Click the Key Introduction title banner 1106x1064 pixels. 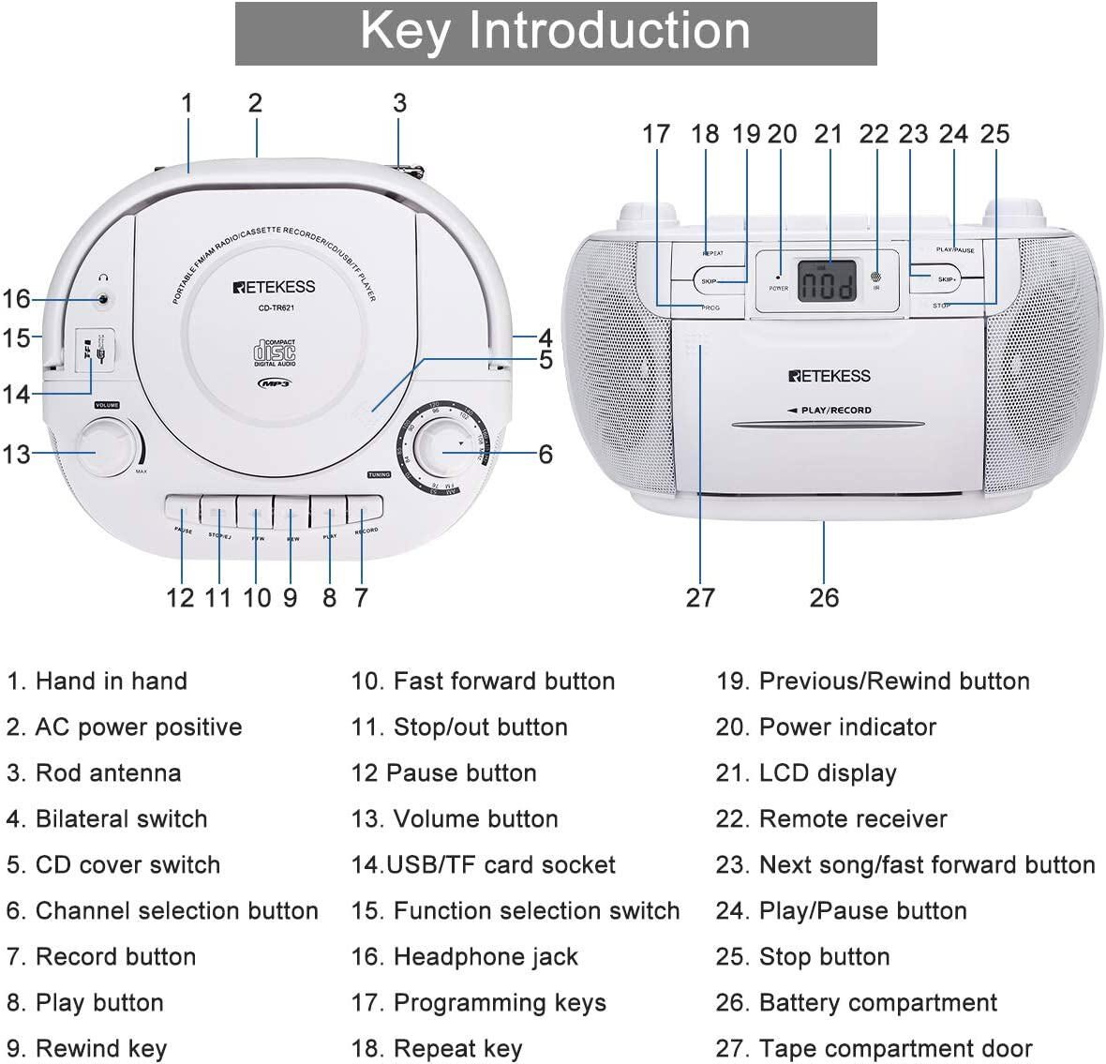coord(555,33)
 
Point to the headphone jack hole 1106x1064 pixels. coord(103,300)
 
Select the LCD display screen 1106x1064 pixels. coord(827,280)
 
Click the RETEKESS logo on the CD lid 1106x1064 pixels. coord(274,287)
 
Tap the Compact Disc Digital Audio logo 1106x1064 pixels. coord(274,352)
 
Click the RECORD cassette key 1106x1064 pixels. coord(365,511)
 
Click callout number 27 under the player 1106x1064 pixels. coord(700,598)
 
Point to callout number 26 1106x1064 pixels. coord(824,598)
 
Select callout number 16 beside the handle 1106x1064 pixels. coord(16,299)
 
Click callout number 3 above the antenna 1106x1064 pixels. coord(399,103)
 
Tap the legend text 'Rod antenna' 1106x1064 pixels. coord(108,773)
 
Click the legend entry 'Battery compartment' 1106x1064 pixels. coord(877,1003)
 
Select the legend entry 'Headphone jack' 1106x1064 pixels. coord(486,957)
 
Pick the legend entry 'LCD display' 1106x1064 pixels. coord(828,773)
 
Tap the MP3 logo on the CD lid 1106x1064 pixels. coord(274,382)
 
